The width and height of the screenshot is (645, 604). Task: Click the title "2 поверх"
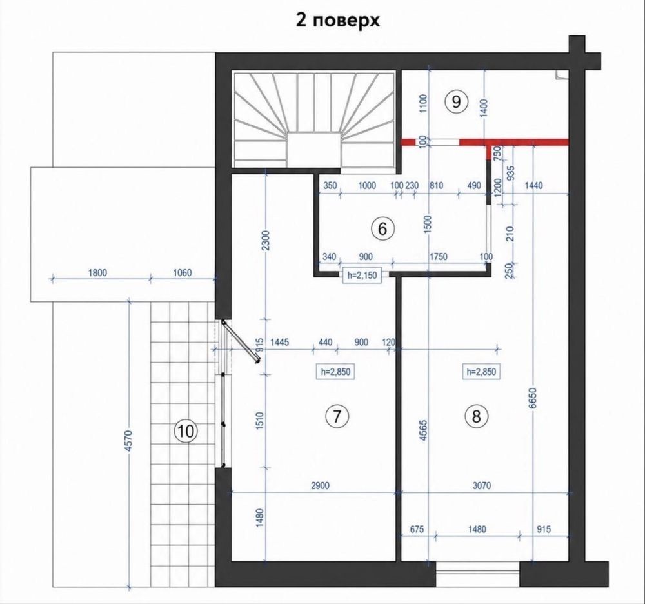click(338, 21)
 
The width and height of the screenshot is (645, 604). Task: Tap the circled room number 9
click(456, 101)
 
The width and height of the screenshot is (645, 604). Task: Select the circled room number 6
click(382, 228)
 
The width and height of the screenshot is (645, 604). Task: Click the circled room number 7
click(337, 416)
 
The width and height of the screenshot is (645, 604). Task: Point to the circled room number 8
click(477, 416)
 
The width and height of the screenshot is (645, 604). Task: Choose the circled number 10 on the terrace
click(186, 431)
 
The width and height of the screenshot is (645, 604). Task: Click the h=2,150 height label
click(362, 276)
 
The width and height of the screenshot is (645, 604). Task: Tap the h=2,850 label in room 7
click(335, 372)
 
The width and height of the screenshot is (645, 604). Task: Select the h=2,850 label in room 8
click(481, 372)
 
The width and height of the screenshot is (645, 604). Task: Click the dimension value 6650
click(533, 398)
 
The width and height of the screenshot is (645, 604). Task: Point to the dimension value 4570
click(128, 441)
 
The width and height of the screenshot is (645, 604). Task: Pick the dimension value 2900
click(321, 485)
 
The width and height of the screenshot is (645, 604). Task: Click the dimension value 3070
click(481, 485)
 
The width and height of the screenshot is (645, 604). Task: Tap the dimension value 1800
click(97, 272)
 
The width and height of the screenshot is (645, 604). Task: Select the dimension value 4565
click(423, 430)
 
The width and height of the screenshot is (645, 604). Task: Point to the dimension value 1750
click(438, 256)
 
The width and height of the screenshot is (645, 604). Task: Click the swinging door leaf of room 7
click(241, 341)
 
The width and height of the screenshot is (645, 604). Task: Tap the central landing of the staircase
click(314, 150)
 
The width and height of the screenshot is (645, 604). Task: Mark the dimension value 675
click(417, 528)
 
